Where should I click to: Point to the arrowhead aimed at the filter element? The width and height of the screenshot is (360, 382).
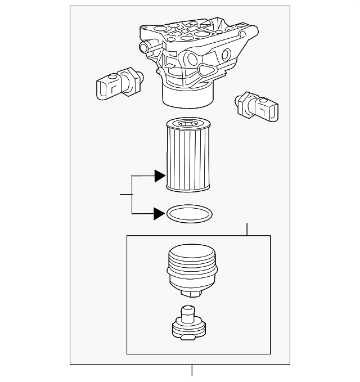coord(160,176)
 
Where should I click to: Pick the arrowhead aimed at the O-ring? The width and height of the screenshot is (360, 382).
coord(160,213)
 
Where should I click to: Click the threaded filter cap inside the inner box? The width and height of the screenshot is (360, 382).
coord(191,268)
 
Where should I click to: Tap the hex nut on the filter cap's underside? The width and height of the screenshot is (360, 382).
coord(192,294)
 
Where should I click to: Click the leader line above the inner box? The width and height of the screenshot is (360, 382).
coord(246,229)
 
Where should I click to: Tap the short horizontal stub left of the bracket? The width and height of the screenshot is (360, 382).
coord(125,195)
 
